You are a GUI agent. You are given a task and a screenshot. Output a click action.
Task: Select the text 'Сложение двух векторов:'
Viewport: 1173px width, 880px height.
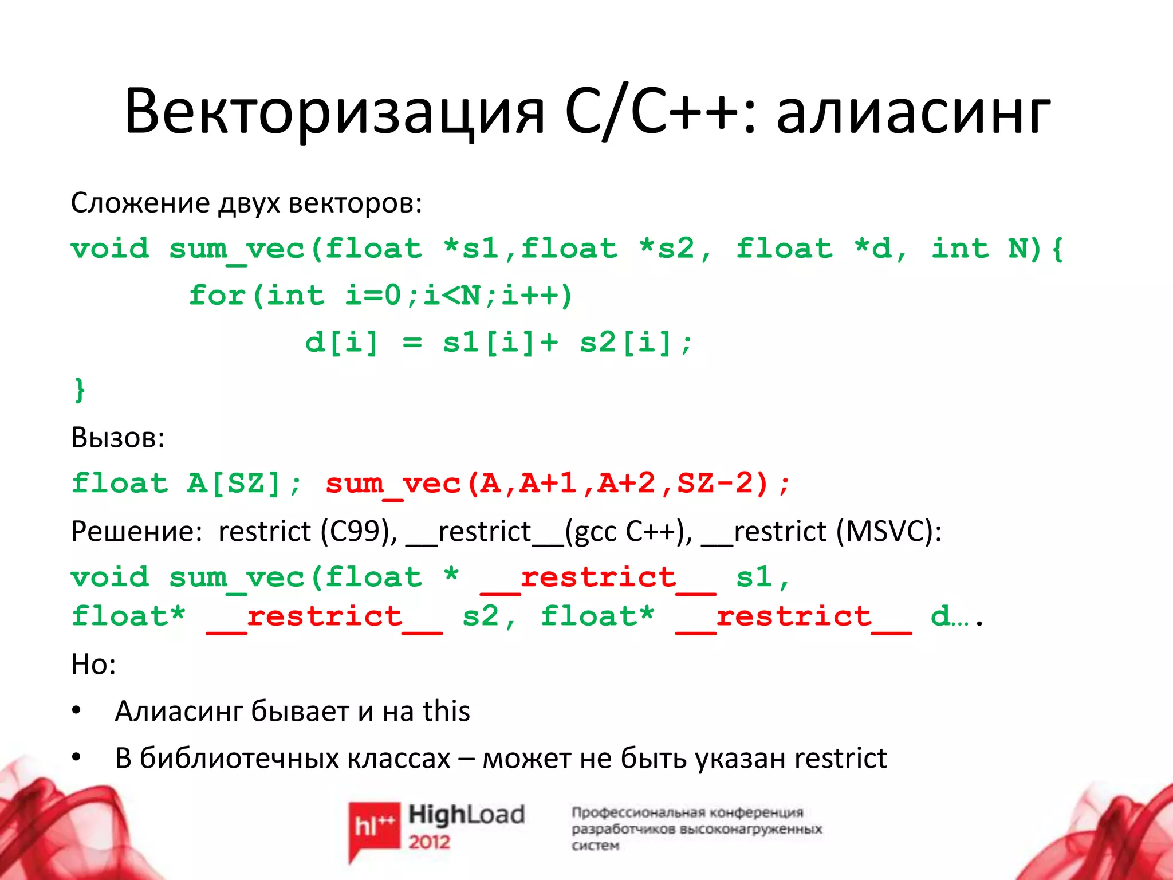pos(246,203)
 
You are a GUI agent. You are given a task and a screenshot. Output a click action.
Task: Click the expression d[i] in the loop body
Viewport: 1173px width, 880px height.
pos(342,343)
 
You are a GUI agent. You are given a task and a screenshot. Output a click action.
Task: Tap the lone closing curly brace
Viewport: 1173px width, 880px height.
pos(80,390)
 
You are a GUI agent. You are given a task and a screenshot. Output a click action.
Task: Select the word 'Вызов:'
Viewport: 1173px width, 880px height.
pos(118,438)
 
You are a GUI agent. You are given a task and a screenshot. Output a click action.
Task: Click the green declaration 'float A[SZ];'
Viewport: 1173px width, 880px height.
pos(187,484)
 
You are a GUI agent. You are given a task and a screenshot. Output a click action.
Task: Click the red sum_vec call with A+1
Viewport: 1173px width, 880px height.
pos(558,484)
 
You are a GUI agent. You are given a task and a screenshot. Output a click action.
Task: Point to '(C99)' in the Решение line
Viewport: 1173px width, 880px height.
pos(359,532)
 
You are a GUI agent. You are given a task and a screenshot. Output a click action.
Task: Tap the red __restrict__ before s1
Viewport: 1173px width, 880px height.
pos(598,577)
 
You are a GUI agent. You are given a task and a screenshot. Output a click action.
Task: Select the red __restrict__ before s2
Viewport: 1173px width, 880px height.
pos(324,617)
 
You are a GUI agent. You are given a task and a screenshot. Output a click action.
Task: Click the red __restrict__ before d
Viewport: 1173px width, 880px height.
pos(793,617)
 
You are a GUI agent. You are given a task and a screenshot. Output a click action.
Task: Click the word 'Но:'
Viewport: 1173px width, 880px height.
pos(93,665)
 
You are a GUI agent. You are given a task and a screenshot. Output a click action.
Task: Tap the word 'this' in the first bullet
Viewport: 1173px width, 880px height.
pos(446,712)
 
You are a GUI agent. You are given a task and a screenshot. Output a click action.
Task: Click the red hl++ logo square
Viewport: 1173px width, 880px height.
pos(374,826)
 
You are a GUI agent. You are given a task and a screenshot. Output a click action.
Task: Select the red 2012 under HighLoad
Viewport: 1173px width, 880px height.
pos(430,842)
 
